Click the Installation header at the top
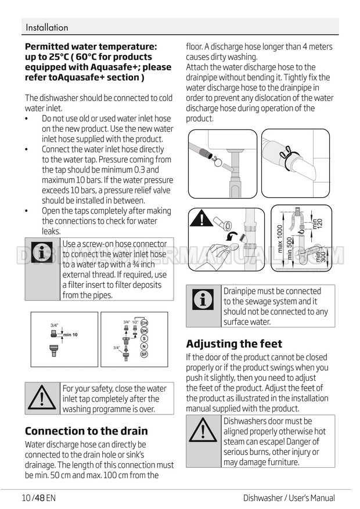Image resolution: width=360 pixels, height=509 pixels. (47, 27)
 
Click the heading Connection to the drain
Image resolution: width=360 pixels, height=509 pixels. (87, 431)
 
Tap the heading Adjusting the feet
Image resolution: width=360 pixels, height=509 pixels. (234, 344)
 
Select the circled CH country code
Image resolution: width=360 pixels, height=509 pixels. (144, 323)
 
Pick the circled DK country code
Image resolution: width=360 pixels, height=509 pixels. (144, 331)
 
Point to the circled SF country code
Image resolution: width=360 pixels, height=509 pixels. (144, 354)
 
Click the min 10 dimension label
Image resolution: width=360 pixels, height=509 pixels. (70, 335)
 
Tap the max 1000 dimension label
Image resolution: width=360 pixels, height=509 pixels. (280, 239)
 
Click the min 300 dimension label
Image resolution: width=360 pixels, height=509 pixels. (321, 257)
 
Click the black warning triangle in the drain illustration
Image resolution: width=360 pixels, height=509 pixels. (201, 218)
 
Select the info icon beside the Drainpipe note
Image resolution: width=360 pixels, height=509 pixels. (203, 299)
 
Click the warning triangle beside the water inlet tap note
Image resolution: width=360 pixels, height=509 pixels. (42, 398)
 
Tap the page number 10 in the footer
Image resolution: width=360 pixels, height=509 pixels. (26, 497)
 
